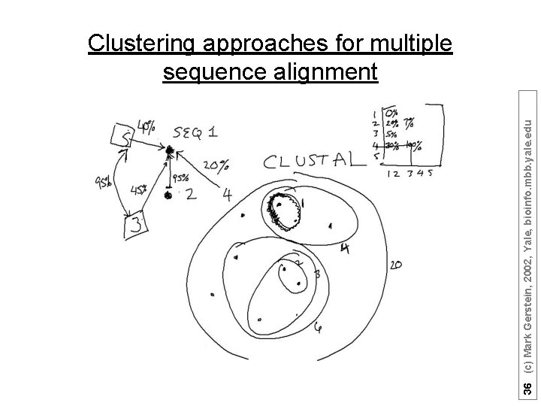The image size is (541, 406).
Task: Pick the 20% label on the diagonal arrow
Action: point(216,165)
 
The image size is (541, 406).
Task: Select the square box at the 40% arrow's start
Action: point(122,135)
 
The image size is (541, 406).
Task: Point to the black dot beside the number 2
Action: point(169,196)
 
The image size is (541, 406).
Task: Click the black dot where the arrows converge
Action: point(171,152)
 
